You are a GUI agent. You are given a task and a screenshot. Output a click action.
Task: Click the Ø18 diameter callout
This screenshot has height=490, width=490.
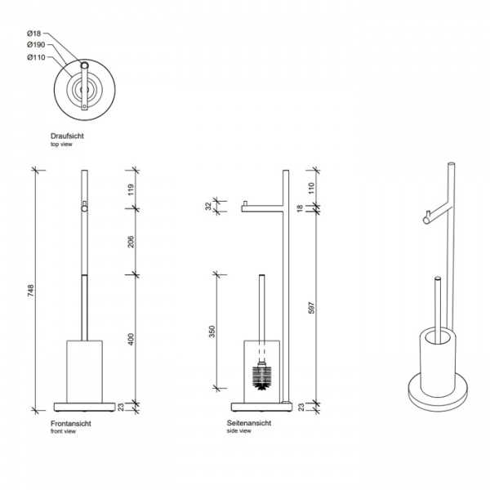[33, 33]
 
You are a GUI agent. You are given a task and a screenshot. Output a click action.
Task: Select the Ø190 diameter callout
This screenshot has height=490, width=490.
[36, 45]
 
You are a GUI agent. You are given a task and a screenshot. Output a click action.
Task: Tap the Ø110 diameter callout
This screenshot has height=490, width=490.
[36, 57]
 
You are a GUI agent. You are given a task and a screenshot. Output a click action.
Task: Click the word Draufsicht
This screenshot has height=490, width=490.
[67, 136]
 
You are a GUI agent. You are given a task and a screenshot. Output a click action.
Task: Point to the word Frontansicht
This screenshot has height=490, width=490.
[71, 423]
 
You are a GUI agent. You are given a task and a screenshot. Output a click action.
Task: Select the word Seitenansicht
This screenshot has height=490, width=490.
[249, 423]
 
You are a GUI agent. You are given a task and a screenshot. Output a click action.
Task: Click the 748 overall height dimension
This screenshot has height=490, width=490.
[30, 290]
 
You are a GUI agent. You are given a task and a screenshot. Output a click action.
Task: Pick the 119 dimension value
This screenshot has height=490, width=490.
[131, 189]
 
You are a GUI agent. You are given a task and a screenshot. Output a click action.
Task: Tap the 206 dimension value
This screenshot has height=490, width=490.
[131, 242]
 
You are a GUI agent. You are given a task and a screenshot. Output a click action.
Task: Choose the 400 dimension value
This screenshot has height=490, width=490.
[131, 340]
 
